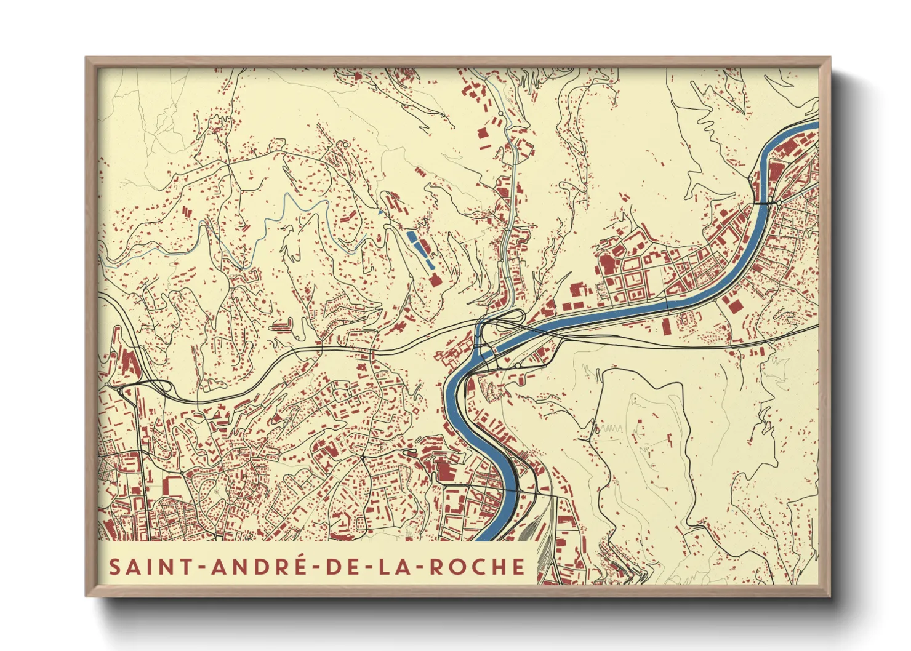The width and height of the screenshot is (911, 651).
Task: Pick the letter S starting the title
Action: click(x=115, y=567)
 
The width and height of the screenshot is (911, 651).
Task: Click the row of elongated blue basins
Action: click(x=420, y=247)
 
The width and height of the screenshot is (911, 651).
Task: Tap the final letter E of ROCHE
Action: click(x=520, y=567)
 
